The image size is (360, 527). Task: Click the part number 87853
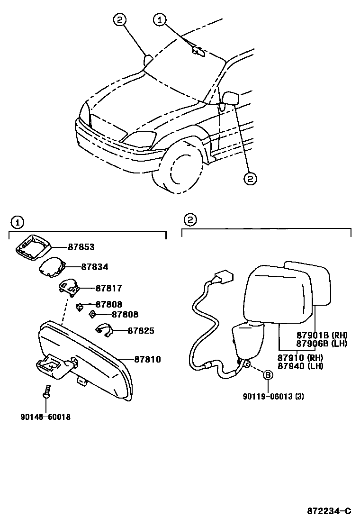pyautogui.click(x=81, y=247)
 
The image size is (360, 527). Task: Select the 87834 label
pyautogui.click(x=94, y=267)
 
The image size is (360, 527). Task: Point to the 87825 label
pyautogui.click(x=141, y=330)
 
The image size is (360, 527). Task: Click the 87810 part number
pyautogui.click(x=147, y=360)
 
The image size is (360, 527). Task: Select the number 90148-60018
pyautogui.click(x=45, y=417)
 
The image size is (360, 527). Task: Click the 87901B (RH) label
pyautogui.click(x=322, y=335)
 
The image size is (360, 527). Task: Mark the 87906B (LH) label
pyautogui.click(x=322, y=343)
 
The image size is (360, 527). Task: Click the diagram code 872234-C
pyautogui.click(x=328, y=510)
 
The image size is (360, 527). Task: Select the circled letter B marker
pyautogui.click(x=268, y=375)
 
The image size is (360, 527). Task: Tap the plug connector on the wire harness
pyautogui.click(x=223, y=276)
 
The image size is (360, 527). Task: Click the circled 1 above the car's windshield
pyautogui.click(x=160, y=19)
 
